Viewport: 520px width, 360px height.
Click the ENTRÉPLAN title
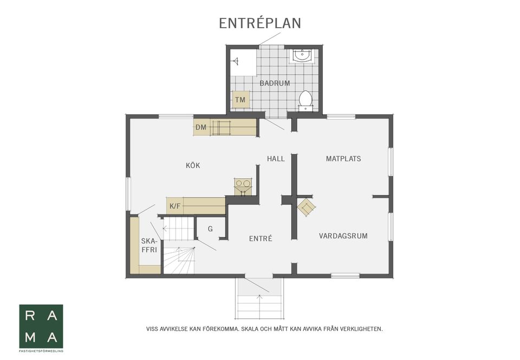coord(260,23)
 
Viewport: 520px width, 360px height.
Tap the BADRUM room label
coord(275,83)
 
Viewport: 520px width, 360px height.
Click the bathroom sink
coord(302,56)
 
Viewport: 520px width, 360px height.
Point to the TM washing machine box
coord(240,100)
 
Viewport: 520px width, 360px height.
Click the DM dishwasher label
coord(201,127)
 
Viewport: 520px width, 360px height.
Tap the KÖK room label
coord(193,166)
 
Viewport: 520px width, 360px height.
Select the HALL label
coord(276,159)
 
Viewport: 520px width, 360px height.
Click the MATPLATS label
coord(343,159)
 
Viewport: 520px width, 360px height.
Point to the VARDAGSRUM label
coord(343,236)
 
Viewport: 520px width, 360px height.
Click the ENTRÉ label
coord(261,238)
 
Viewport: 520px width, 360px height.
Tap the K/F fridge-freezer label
coord(175,206)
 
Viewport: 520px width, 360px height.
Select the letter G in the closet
coord(210,229)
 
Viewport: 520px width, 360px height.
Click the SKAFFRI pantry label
coord(149,246)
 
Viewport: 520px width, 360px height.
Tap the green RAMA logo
coord(41,326)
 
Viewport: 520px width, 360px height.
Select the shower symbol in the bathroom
coord(236,61)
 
